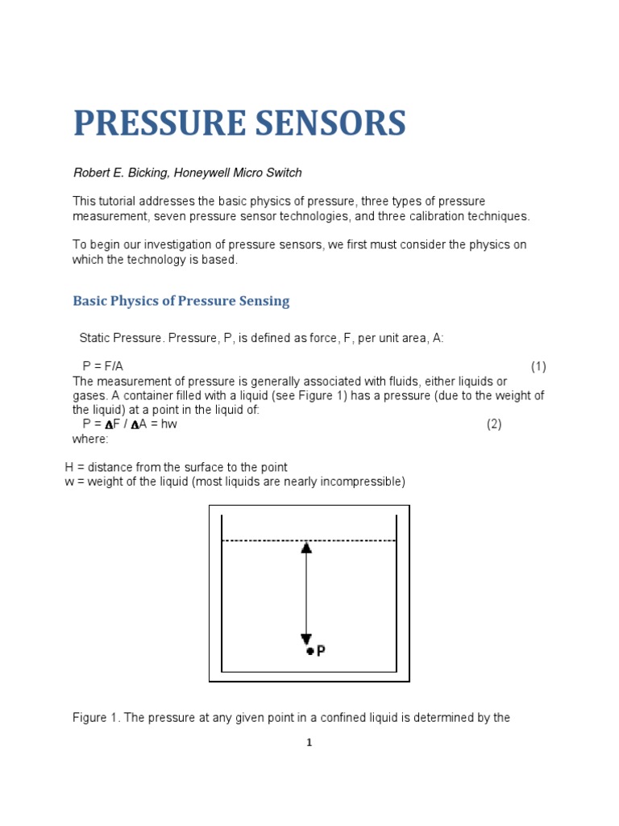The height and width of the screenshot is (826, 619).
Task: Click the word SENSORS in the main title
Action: (x=334, y=123)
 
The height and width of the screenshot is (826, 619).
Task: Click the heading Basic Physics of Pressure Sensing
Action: (x=181, y=301)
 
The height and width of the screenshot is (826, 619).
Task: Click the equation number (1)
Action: (x=538, y=366)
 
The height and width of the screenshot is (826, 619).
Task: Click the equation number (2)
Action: (x=494, y=424)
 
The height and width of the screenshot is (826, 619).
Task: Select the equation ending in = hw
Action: (x=130, y=424)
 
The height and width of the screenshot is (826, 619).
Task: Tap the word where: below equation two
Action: (x=89, y=439)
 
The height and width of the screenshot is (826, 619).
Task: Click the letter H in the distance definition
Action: (x=69, y=467)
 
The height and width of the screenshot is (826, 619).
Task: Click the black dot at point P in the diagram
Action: (x=309, y=651)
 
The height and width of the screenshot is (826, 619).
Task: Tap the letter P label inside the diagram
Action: (x=321, y=650)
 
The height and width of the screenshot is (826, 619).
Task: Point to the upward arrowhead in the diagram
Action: (x=306, y=548)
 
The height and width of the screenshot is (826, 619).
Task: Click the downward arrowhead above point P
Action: (x=306, y=638)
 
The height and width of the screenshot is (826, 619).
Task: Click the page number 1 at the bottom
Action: (x=309, y=743)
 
